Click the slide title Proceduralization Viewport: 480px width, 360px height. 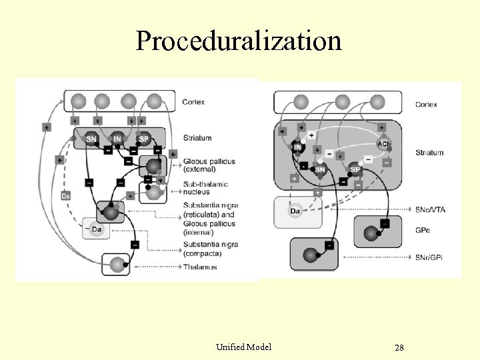(239, 41)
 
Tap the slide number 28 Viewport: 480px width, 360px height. (399, 348)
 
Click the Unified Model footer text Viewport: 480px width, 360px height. (244, 347)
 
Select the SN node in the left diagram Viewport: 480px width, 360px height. (91, 139)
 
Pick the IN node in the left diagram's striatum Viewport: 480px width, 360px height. (117, 139)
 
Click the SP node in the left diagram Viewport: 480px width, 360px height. (143, 139)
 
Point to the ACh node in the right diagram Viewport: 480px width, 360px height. (383, 145)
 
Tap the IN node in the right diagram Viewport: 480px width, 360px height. (297, 146)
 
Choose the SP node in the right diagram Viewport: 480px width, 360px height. (355, 170)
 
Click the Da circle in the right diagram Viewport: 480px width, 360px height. (295, 212)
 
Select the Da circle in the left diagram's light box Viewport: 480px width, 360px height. (97, 230)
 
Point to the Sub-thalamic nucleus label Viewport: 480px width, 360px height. (205, 188)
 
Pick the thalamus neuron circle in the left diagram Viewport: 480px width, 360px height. (118, 264)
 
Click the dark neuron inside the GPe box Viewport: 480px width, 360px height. (370, 233)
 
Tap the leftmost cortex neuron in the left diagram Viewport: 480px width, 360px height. (78, 102)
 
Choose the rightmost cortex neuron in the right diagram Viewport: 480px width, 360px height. (377, 102)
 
